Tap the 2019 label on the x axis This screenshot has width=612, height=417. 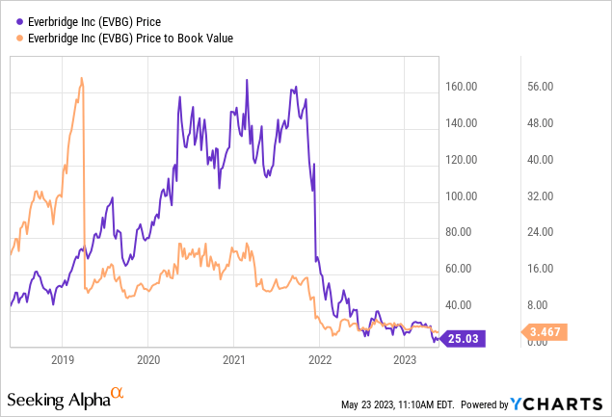(x=62, y=359)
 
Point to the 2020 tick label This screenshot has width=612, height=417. (x=147, y=359)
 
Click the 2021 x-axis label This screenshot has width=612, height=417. (x=232, y=359)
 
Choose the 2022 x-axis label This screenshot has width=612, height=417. (x=318, y=359)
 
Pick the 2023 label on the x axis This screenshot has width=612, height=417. (x=403, y=359)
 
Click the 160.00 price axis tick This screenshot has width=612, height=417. (x=462, y=87)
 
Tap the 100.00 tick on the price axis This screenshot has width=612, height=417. (x=462, y=195)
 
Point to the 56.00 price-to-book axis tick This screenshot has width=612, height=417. (x=541, y=87)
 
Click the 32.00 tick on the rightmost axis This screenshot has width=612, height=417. (x=541, y=195)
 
